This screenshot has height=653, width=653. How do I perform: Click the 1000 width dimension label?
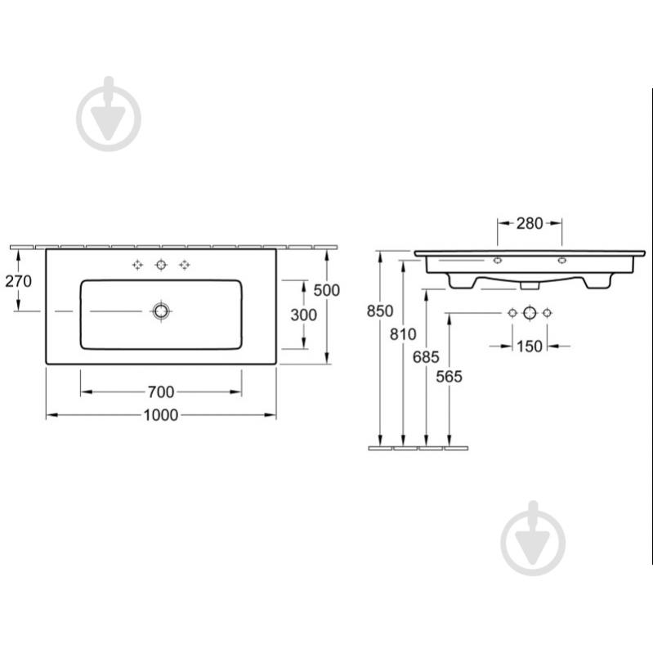[161, 415]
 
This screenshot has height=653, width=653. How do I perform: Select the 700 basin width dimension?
[161, 392]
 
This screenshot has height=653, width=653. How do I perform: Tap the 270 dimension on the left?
[18, 281]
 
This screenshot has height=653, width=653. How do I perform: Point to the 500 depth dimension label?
[327, 290]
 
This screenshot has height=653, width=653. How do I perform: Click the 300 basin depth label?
[303, 315]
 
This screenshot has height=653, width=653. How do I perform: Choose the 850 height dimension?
[380, 311]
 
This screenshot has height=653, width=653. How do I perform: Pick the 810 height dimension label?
[403, 334]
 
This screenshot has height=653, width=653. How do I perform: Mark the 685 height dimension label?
[426, 357]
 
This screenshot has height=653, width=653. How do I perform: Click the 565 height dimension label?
[449, 377]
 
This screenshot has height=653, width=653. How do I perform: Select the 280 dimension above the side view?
[530, 224]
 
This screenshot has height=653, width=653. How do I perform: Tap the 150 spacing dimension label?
[530, 346]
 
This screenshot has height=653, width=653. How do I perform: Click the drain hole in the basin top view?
[161, 311]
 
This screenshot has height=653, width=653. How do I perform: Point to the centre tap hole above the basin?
[161, 265]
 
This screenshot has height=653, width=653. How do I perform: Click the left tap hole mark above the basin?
[137, 265]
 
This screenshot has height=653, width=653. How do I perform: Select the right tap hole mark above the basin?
[185, 265]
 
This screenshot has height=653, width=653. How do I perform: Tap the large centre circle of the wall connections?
[530, 313]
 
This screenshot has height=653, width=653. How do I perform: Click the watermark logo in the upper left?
[109, 114]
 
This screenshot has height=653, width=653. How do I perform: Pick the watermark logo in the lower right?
[533, 538]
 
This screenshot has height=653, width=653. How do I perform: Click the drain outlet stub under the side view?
[530, 286]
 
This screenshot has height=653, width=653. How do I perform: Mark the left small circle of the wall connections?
[512, 313]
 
